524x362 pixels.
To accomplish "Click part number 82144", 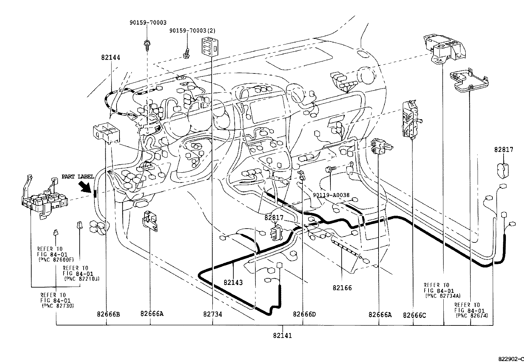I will (x=111, y=57).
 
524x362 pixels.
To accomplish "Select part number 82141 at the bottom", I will (x=282, y=336).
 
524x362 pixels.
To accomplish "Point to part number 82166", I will (x=342, y=288).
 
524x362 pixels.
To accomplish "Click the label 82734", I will (x=212, y=314).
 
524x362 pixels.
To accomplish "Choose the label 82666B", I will (x=108, y=314).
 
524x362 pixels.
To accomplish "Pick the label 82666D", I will (x=304, y=314).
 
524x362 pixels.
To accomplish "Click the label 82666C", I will (x=414, y=315).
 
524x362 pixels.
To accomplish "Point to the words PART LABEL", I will (x=78, y=177).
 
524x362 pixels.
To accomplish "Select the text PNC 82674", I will (x=472, y=316).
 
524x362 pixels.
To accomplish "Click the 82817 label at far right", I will (x=503, y=150).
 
